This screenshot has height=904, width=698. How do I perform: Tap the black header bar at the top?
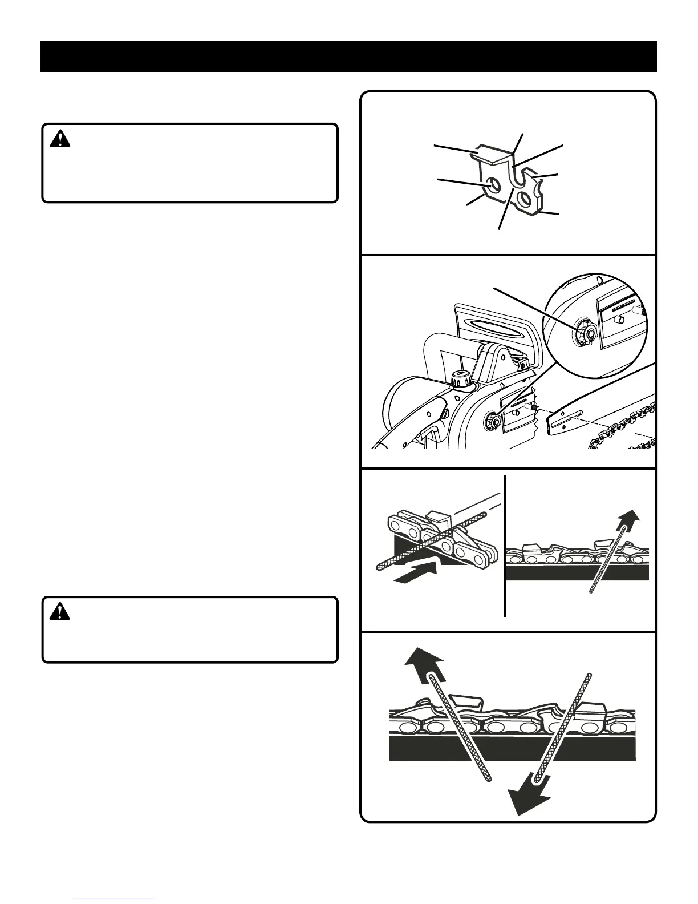348,56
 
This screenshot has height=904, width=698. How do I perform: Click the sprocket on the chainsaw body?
492,422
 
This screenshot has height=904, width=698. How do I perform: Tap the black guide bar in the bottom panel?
512,750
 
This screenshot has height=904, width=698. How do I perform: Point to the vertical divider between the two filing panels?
505,545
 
